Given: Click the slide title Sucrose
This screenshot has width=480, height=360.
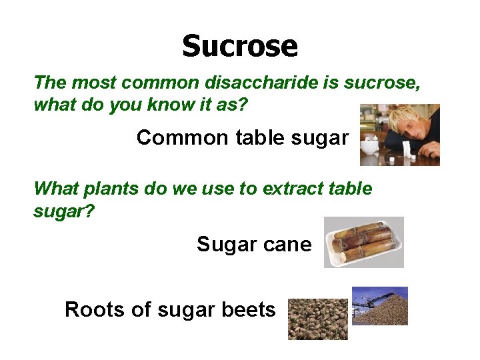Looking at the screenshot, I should (239, 46).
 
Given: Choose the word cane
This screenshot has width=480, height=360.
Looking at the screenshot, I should (287, 245).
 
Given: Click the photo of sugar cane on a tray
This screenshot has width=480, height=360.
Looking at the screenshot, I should (363, 241).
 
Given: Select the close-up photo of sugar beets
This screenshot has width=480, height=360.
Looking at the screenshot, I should (317, 319).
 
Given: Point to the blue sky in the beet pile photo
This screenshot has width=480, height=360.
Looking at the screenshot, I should (397, 292).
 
